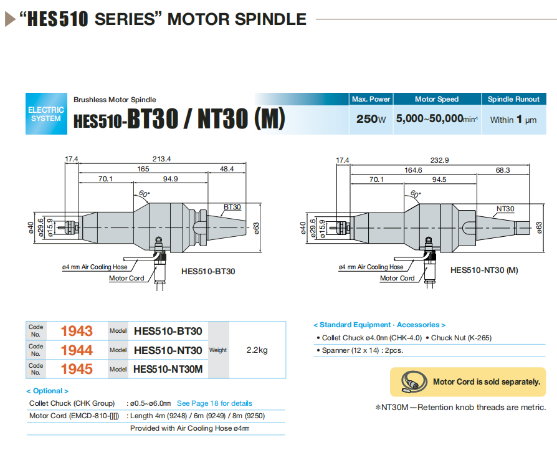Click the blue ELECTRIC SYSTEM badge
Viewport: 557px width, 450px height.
coord(46,113)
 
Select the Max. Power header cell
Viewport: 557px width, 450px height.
coord(371,99)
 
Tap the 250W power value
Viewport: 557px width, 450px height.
coord(371,119)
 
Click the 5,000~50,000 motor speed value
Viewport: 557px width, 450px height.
coord(436,119)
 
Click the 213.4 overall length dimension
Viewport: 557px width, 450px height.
coord(161,159)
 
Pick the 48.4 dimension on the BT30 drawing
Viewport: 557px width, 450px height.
coord(226,169)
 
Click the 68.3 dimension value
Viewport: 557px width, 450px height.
coord(502,170)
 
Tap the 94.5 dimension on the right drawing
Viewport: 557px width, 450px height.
coord(439,180)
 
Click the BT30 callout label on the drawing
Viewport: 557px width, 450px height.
coord(232,206)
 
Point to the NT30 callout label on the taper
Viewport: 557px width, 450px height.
coord(505,208)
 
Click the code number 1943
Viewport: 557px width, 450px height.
coord(77,331)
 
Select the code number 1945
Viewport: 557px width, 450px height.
coord(77,369)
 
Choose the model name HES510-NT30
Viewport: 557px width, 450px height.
coord(168,350)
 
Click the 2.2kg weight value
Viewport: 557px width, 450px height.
coord(257,350)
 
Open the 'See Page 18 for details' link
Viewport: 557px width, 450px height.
coord(214,403)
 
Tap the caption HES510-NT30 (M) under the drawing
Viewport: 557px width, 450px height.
coord(483,270)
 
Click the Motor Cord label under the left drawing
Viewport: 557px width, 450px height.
coord(126,278)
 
